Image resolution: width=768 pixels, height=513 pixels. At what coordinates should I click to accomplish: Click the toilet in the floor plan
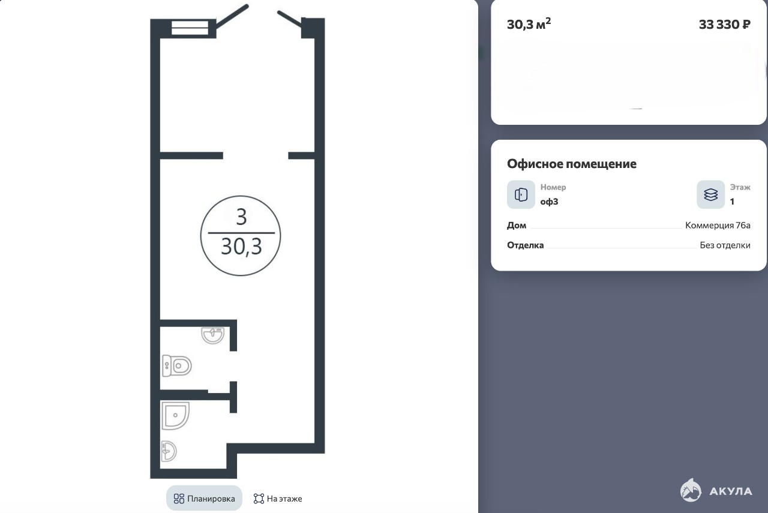(x=176, y=365)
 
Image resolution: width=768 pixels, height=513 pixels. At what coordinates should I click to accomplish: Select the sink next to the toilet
(x=213, y=335)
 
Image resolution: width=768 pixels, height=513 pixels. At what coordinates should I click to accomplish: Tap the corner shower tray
(x=175, y=415)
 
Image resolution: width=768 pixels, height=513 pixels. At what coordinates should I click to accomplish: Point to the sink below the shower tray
(x=169, y=451)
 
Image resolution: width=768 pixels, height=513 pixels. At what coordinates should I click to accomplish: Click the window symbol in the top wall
(x=190, y=28)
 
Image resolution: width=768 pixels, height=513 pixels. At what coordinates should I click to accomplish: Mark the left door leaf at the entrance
(x=232, y=16)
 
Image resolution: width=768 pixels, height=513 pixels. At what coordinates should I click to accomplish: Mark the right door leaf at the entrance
(x=290, y=19)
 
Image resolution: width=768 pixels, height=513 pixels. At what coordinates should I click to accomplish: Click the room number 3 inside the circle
(x=241, y=217)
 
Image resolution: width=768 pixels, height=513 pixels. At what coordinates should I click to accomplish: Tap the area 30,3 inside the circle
(x=241, y=246)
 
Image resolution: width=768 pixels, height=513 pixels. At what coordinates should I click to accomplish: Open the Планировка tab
(x=205, y=498)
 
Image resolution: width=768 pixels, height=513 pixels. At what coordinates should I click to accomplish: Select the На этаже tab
(x=278, y=498)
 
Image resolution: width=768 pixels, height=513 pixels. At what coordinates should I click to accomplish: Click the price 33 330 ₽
(x=724, y=25)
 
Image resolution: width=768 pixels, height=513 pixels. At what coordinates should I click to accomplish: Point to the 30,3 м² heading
(x=529, y=24)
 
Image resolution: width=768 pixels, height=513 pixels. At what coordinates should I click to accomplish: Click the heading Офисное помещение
(x=572, y=164)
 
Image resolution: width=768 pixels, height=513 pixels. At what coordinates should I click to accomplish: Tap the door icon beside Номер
(x=521, y=194)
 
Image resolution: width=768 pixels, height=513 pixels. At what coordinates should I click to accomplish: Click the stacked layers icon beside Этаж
(x=710, y=194)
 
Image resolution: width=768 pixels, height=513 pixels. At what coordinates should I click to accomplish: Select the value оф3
(x=549, y=202)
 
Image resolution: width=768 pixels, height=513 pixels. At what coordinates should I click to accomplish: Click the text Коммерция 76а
(x=718, y=225)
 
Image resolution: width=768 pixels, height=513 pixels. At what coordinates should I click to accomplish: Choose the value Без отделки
(x=725, y=245)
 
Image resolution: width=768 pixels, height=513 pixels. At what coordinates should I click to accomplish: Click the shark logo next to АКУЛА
(x=691, y=490)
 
